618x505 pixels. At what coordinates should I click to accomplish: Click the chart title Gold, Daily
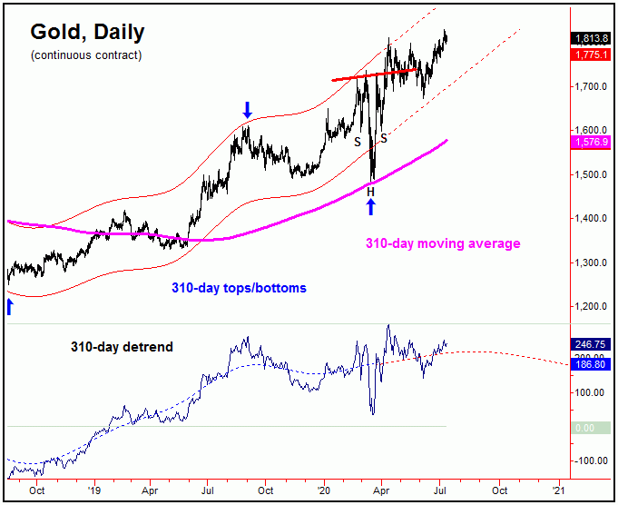point(87,33)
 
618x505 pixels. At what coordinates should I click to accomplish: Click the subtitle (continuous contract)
point(86,55)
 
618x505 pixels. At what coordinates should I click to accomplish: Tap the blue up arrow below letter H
point(370,207)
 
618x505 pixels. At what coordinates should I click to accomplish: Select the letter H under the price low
point(370,191)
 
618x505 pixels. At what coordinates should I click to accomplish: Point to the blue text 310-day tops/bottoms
point(239,288)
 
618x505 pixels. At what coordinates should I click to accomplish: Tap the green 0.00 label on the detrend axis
point(584,427)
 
